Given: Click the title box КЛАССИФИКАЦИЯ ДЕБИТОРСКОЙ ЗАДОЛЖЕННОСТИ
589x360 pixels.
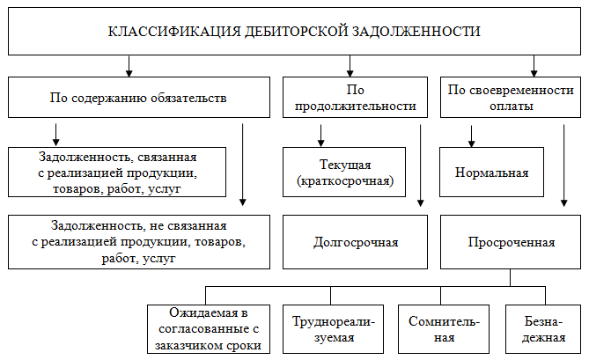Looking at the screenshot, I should point(294,32).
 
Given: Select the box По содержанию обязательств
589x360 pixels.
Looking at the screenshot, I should point(139,98).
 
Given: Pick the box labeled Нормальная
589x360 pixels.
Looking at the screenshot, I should point(491,172).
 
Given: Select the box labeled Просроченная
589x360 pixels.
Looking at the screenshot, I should point(512,241).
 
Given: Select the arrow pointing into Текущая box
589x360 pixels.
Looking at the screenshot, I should point(321,134).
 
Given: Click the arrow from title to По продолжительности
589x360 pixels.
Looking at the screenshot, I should point(351,64).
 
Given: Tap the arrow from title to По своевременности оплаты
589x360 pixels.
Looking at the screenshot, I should point(534,64).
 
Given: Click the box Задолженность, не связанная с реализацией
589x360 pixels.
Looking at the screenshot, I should point(139,241).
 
